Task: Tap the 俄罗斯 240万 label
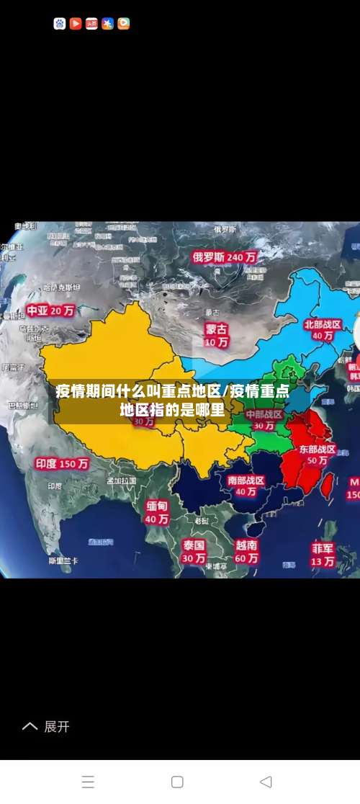pyautogui.click(x=224, y=256)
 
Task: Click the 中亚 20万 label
pyautogui.click(x=50, y=311)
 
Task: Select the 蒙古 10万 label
pyautogui.click(x=216, y=335)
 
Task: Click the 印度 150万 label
pyautogui.click(x=62, y=464)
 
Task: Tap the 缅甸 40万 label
pyautogui.click(x=157, y=512)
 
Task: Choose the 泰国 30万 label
pyautogui.click(x=194, y=551)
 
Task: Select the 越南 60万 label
pyautogui.click(x=246, y=551)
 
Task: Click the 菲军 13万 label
pyautogui.click(x=323, y=553)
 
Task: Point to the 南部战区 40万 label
pyautogui.click(x=246, y=486)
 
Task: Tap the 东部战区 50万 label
pyautogui.click(x=318, y=454)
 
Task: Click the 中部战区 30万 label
pyautogui.click(x=264, y=420)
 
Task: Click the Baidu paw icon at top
pyautogui.click(x=60, y=24)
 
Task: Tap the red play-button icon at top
pyautogui.click(x=76, y=24)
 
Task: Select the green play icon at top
pyautogui.click(x=123, y=24)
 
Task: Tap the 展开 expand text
pyautogui.click(x=57, y=726)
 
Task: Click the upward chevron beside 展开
pyautogui.click(x=30, y=726)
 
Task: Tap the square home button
pyautogui.click(x=177, y=782)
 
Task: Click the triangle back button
pyautogui.click(x=266, y=782)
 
